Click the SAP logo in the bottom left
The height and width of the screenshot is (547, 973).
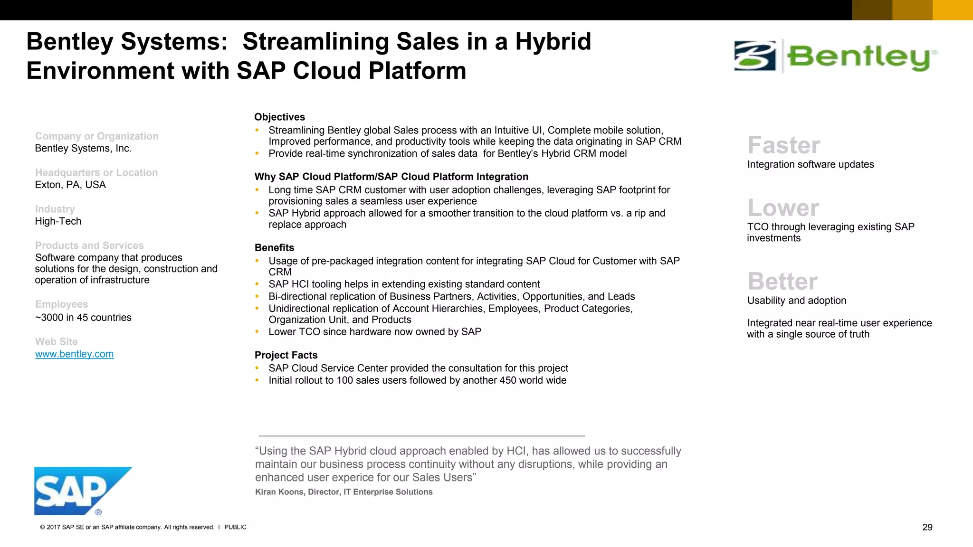[x=76, y=490]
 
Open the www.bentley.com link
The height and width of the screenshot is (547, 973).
[x=74, y=354]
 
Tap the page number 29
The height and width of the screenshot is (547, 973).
[x=927, y=528]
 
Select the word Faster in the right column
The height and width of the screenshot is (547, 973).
[x=784, y=145]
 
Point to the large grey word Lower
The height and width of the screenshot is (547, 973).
[x=783, y=208]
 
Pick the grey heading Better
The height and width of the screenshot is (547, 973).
[x=782, y=282]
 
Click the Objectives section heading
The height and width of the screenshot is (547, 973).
[x=279, y=117]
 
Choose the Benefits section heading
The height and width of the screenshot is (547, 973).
[x=274, y=248]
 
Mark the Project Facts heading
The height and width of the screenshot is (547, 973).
[x=286, y=355]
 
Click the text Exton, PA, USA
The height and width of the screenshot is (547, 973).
[x=70, y=185]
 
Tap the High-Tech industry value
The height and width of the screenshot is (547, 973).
[x=58, y=221]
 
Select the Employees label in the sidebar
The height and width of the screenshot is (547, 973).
[x=61, y=304]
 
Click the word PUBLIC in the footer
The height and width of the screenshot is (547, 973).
[x=235, y=528]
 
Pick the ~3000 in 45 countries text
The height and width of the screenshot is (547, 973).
[x=83, y=318]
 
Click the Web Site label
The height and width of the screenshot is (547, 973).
[x=56, y=342]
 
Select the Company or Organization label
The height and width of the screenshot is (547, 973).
[x=96, y=136]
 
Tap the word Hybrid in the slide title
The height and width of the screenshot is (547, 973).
[x=553, y=41]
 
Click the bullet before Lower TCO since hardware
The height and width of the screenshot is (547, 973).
[x=257, y=332]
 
